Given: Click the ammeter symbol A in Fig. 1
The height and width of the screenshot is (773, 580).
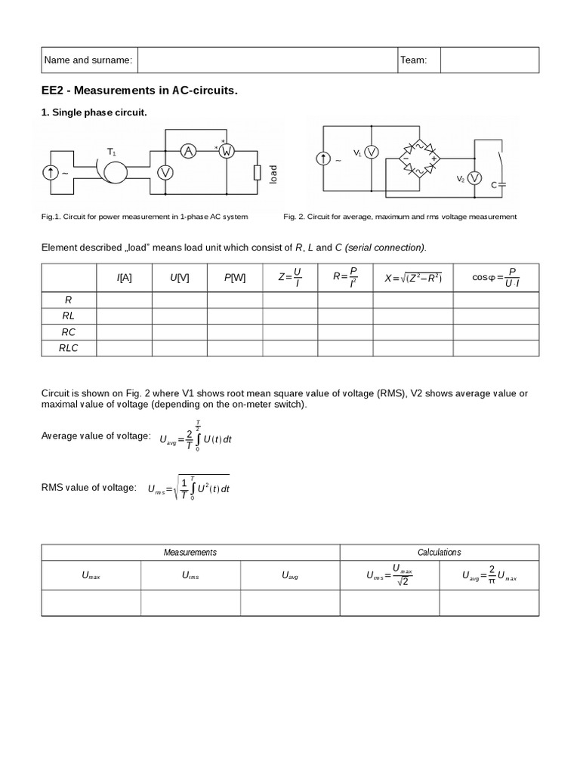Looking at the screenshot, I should (x=188, y=152).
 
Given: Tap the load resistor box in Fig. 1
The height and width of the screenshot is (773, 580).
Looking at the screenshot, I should (x=258, y=173).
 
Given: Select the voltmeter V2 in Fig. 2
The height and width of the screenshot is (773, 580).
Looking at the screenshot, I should (x=474, y=177).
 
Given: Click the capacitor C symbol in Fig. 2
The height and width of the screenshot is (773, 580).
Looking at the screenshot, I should (x=499, y=183).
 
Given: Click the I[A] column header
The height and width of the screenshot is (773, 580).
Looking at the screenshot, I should (x=125, y=278).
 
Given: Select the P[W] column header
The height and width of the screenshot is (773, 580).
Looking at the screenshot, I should (x=235, y=278).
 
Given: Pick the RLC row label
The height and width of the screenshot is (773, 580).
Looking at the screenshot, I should (x=69, y=348).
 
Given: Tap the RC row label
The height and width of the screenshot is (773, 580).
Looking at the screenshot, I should (x=69, y=332).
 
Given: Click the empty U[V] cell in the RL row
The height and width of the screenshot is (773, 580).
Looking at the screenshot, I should (x=180, y=316).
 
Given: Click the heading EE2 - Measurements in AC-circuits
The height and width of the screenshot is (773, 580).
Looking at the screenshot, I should (x=139, y=91).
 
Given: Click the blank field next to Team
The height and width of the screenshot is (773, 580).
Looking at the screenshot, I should (x=489, y=60).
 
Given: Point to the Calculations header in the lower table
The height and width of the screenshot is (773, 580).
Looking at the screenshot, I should (x=439, y=552).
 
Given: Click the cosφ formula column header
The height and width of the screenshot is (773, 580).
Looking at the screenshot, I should (x=496, y=278).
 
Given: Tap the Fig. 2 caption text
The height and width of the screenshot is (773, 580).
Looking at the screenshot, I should (x=400, y=217).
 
